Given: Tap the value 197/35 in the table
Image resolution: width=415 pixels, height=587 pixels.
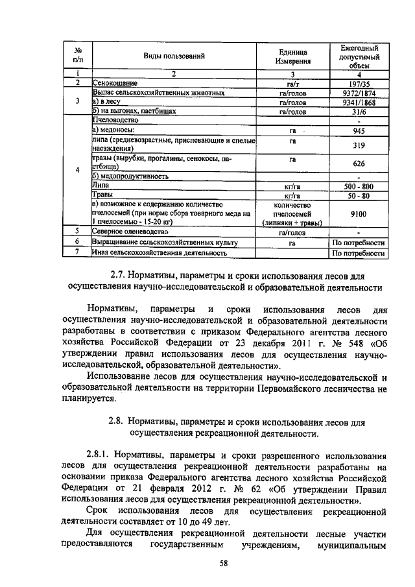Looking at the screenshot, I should point(359,84).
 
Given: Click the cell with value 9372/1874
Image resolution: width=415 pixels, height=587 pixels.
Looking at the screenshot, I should point(359,93).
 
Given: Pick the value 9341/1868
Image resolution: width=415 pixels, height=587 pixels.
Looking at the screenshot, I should point(359,102).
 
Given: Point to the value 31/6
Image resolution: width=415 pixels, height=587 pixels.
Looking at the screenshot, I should point(359,111).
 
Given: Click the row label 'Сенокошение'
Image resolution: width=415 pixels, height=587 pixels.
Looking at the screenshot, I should point(113,84).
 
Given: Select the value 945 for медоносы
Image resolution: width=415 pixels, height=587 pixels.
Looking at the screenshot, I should point(359,130).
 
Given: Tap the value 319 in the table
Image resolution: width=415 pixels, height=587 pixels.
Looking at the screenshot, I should point(359,145).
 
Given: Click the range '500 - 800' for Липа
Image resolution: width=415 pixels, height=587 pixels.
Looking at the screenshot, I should point(359,186).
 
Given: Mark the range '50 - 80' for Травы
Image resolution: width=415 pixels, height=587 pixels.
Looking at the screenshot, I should point(359,195).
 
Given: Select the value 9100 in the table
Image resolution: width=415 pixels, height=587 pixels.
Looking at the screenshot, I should point(359,212).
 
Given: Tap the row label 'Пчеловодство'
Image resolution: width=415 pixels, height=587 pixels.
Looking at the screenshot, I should point(116,121).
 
